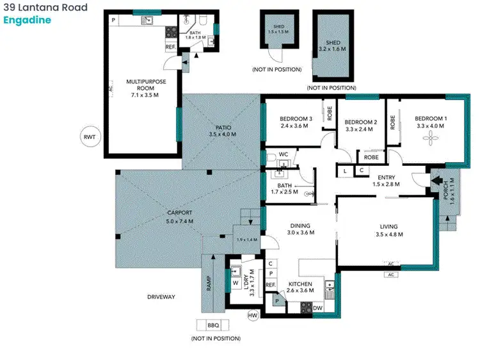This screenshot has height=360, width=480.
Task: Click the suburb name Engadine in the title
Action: [27, 20]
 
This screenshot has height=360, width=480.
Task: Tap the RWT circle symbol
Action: [90, 136]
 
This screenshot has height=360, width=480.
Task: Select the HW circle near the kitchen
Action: [253, 315]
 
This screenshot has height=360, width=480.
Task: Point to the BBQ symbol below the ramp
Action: [212, 325]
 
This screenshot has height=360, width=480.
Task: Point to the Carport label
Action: [180, 213]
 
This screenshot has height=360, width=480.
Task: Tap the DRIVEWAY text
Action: [161, 297]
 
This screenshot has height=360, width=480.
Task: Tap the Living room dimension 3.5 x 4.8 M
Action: [388, 234]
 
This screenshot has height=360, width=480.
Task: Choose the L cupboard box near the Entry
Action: [345, 170]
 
